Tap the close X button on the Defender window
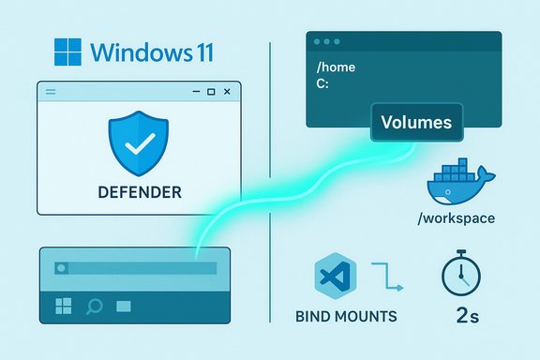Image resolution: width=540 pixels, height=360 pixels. [229, 91]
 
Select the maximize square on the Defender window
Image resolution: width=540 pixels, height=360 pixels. [211, 91]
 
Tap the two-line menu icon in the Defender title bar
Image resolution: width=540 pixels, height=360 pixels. [51, 91]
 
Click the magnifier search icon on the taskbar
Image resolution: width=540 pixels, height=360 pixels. [94, 306]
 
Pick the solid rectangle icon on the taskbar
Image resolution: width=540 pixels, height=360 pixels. [123, 306]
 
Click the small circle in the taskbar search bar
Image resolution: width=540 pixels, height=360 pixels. [63, 268]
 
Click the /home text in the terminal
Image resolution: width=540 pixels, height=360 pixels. [337, 67]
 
